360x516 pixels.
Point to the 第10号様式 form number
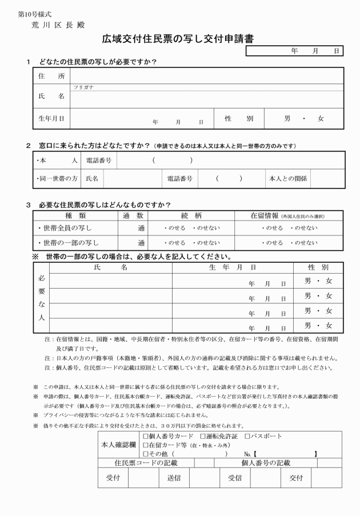(x=36, y=13)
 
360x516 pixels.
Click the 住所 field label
(x=51, y=75)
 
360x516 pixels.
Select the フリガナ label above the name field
(x=83, y=87)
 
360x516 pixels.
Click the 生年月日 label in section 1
(x=51, y=118)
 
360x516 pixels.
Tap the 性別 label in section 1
(x=238, y=118)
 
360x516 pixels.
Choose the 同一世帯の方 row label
(x=56, y=178)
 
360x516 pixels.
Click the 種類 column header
(x=75, y=215)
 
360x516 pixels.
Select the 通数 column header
(x=133, y=215)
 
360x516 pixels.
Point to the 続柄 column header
(x=191, y=215)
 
